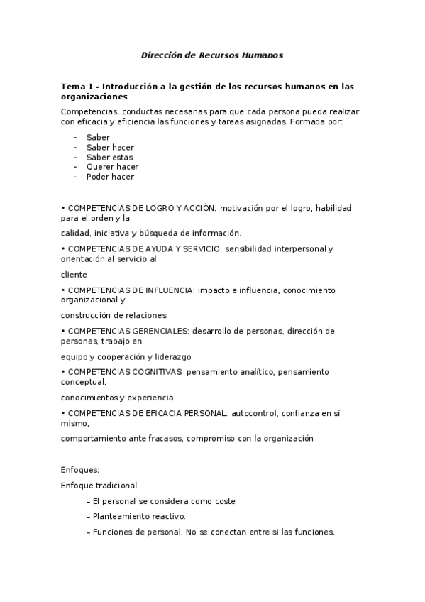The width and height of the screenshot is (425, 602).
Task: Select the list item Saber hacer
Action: coord(110,147)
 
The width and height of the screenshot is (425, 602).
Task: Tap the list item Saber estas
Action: coord(109,157)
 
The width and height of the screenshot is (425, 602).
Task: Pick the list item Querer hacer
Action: coord(112,167)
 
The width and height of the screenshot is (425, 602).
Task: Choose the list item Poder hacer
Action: coord(110,177)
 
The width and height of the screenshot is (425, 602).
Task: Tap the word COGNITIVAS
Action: coord(153,371)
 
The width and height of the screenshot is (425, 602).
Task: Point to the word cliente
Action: coord(74,274)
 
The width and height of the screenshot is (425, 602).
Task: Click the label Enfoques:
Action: coord(79,470)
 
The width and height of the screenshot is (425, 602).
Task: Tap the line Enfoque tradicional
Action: coord(99,486)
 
